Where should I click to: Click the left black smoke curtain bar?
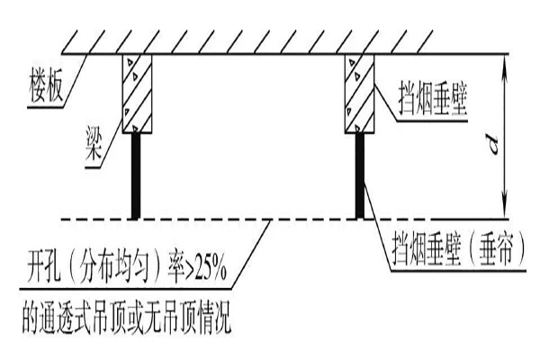136,176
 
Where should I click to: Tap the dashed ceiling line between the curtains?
247,219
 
